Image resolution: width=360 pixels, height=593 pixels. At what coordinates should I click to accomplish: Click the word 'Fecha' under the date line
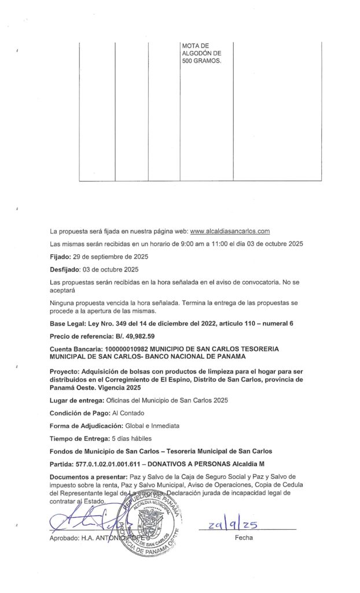point(244,537)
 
